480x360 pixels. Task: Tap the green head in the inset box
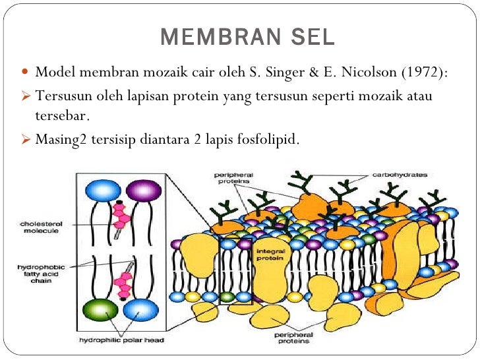100,309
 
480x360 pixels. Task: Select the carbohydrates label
400,175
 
